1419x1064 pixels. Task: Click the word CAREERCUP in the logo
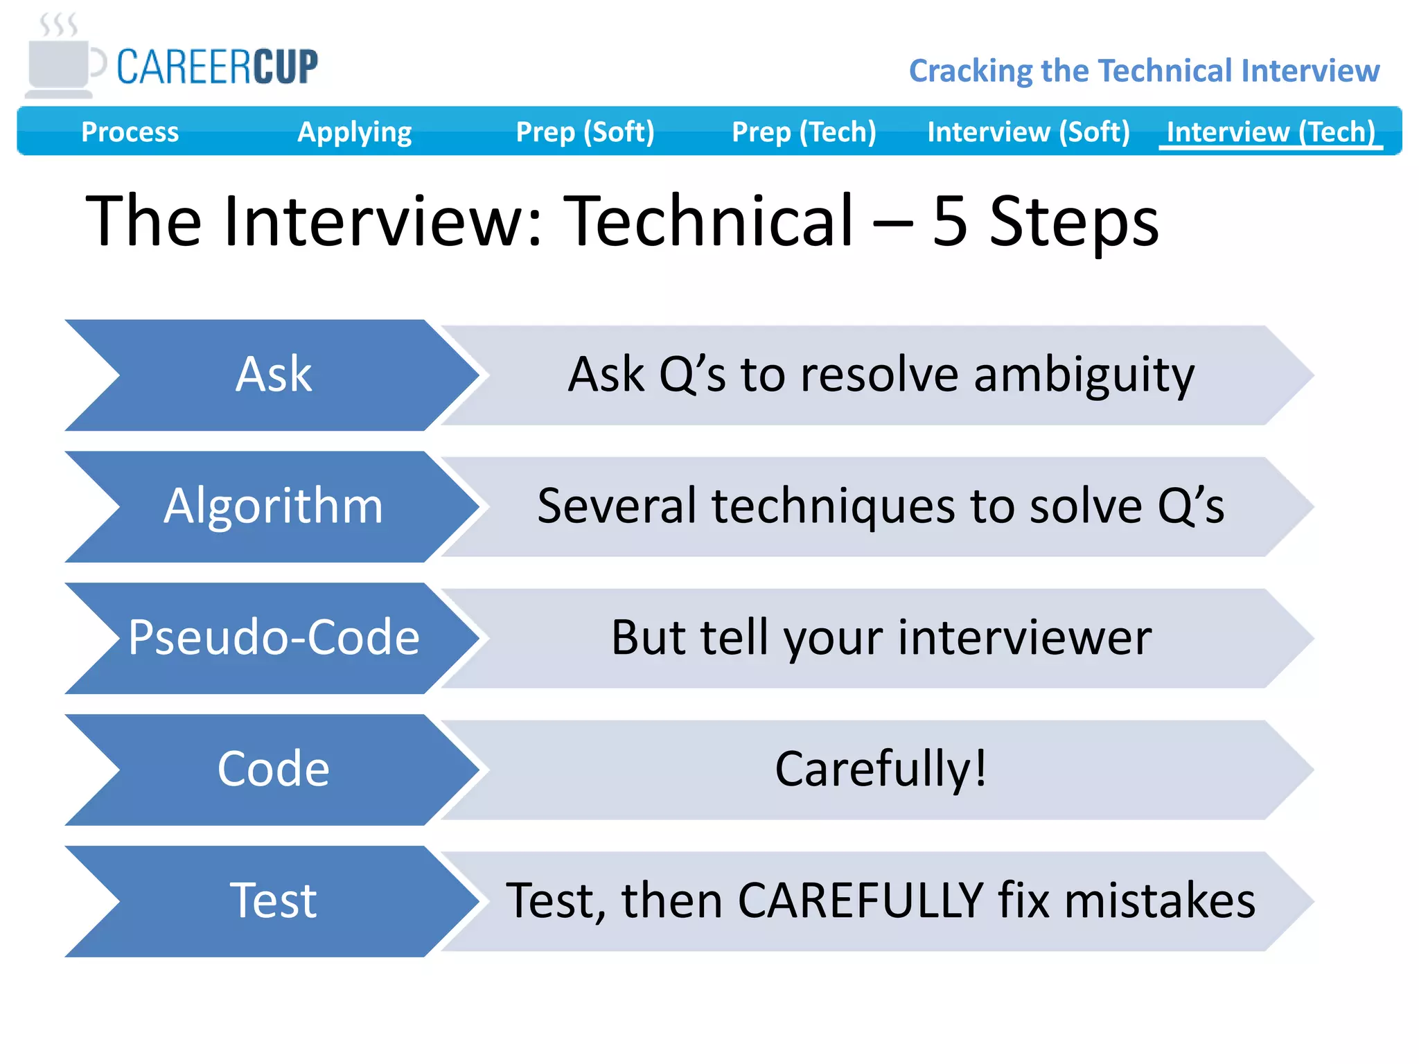pyautogui.click(x=217, y=67)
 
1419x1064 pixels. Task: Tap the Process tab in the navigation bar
pyautogui.click(x=130, y=132)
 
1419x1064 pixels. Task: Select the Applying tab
pyautogui.click(x=354, y=132)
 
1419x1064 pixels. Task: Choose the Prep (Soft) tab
pyautogui.click(x=585, y=132)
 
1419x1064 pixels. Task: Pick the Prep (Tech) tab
pyautogui.click(x=804, y=132)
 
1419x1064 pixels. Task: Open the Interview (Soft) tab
pyautogui.click(x=1028, y=132)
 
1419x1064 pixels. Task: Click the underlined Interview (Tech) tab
pyautogui.click(x=1271, y=132)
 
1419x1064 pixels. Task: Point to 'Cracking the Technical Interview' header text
pyautogui.click(x=1144, y=71)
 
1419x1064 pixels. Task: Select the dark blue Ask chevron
pyautogui.click(x=273, y=375)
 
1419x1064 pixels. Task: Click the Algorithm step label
pyautogui.click(x=273, y=506)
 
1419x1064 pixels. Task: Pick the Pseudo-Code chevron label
pyautogui.click(x=273, y=638)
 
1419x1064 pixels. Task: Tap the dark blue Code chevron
pyautogui.click(x=273, y=770)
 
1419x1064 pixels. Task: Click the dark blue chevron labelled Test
pyautogui.click(x=273, y=901)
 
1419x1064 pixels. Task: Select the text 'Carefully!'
pyautogui.click(x=880, y=770)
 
